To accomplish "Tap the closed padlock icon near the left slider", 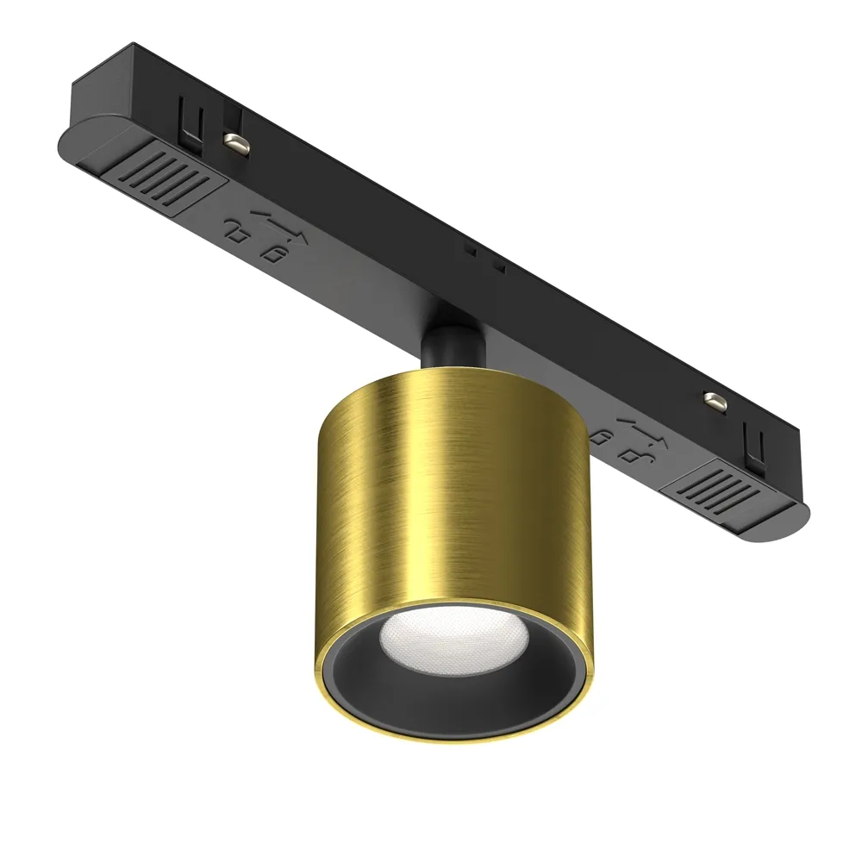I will [x=276, y=255].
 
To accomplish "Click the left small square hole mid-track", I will [x=471, y=251].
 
